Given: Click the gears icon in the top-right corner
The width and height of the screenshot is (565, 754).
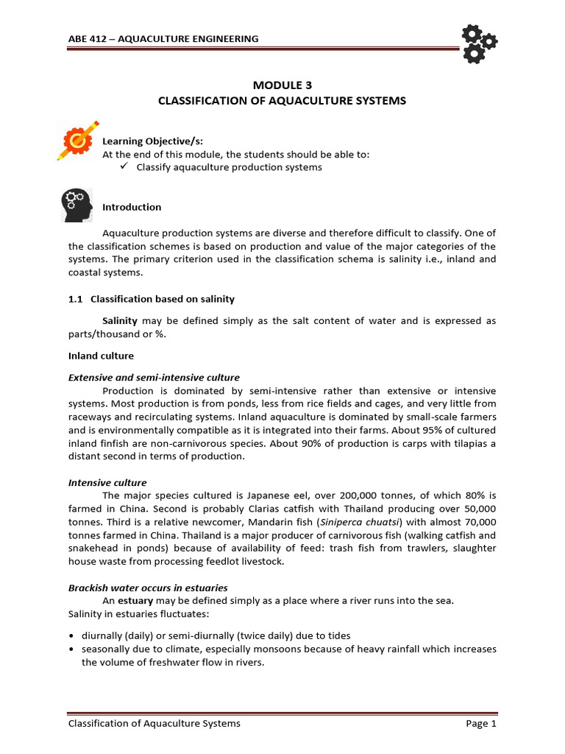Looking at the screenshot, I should [477, 42].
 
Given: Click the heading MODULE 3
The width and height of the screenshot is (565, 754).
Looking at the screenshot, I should [282, 85].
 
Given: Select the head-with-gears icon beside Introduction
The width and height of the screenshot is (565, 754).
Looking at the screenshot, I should [76, 205].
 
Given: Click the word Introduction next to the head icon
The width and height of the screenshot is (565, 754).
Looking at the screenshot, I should [132, 207].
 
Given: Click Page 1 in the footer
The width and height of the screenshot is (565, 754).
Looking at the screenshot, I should [481, 724].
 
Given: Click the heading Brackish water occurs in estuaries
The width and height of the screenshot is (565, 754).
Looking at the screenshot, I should [148, 588].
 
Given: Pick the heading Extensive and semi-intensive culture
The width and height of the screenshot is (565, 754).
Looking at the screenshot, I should [154, 378].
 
